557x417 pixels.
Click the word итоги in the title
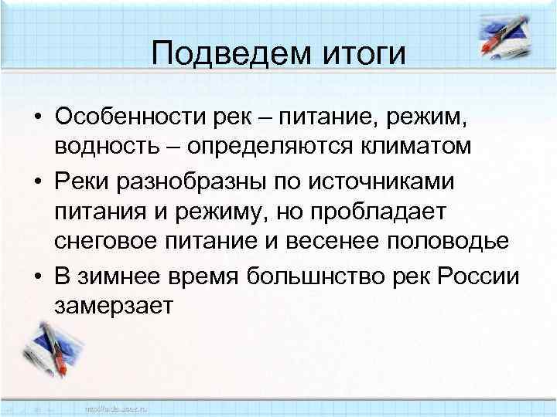click(361, 53)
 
